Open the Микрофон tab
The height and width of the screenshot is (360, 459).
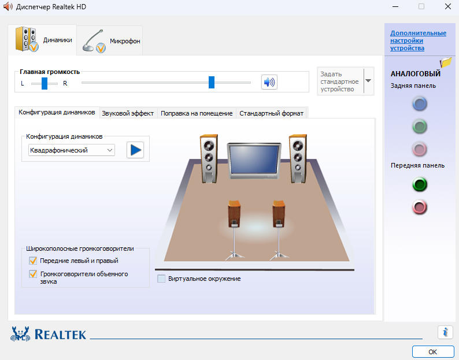click(110, 40)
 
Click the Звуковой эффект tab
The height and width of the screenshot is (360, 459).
click(128, 113)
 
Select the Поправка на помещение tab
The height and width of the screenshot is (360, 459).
click(197, 113)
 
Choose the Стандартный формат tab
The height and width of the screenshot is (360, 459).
click(271, 113)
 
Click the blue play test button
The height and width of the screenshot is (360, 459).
click(135, 150)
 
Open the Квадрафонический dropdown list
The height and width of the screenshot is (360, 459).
click(72, 150)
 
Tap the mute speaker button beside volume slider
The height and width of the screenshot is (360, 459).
click(269, 82)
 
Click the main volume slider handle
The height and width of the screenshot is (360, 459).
click(212, 82)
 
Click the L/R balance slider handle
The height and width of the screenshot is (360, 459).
click(45, 83)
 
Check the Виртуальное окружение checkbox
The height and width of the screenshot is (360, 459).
click(161, 279)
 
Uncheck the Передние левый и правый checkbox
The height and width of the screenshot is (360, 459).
click(33, 261)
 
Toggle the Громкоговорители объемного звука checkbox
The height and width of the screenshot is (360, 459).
click(33, 274)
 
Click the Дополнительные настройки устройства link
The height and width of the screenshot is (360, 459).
click(418, 40)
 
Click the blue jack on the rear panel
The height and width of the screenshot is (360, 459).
click(420, 104)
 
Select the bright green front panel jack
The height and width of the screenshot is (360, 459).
click(420, 184)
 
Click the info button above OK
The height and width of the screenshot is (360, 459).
click(445, 332)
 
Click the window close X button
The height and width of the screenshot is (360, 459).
click(447, 6)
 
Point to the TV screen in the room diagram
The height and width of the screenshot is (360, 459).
click(254, 159)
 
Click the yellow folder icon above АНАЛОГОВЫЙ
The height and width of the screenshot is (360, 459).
click(446, 62)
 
